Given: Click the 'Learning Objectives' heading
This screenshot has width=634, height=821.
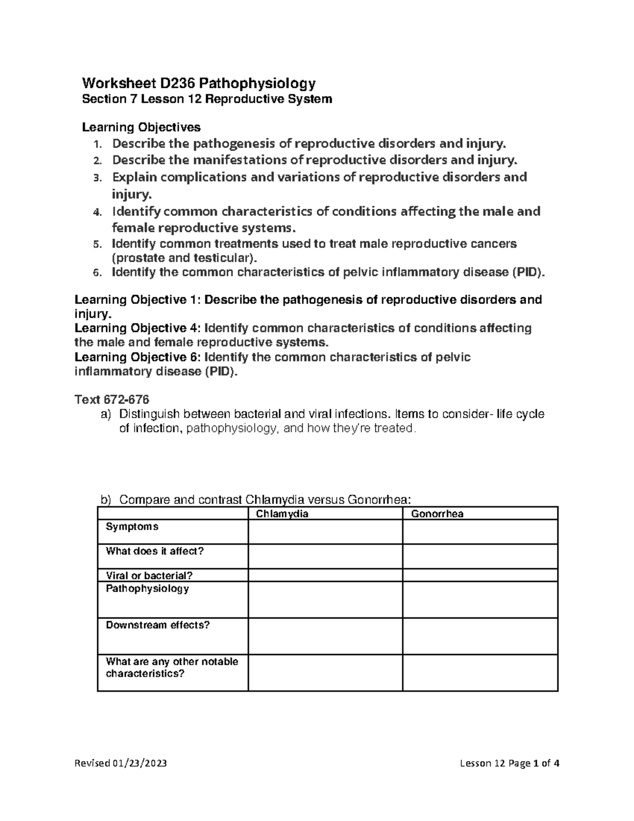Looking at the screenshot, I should pos(141,127).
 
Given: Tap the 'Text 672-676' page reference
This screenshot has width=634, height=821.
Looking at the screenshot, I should pos(112,399).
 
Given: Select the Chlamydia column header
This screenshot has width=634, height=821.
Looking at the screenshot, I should pos(282,514).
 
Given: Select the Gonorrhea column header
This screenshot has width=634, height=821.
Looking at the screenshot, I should pos(437,514).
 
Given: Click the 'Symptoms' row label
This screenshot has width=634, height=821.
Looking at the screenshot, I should pos(132,527).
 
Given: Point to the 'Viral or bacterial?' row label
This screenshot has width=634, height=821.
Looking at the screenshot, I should pos(150,576).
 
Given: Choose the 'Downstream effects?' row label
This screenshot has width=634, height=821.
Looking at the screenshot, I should pos(158,625).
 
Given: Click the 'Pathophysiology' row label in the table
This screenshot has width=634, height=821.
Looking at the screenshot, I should pos(147,589).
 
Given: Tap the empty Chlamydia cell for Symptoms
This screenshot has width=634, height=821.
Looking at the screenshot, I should pos(325,532).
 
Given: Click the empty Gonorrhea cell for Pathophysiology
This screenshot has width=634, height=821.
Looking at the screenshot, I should pos(480,600).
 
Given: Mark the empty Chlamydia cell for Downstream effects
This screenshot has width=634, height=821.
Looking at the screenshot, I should pos(325,636).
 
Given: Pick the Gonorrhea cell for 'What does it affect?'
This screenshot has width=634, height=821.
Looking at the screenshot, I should pos(480,557).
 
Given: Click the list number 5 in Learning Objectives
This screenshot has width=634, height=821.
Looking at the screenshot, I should pos(96,245).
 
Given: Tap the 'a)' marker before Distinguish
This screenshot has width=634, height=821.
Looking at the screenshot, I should pos(106,414).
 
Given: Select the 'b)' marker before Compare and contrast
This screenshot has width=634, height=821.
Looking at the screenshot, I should pos(106,500).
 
